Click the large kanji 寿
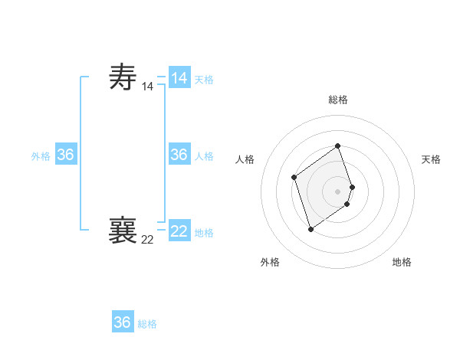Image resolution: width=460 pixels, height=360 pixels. [x=123, y=77]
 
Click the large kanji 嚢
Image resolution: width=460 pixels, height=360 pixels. [x=123, y=230]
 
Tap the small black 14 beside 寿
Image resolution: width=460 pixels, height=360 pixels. [x=147, y=87]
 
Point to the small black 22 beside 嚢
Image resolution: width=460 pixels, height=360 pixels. [x=147, y=240]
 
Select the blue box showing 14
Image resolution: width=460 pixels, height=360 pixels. [x=179, y=78]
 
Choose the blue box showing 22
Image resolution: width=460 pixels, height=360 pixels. [x=179, y=231]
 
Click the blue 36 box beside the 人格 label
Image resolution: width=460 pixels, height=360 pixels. [x=179, y=155]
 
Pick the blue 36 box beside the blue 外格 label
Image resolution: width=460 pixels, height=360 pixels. [x=66, y=155]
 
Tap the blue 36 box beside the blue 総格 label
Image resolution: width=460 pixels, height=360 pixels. [x=123, y=322]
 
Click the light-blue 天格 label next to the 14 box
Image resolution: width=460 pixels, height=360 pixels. [x=204, y=80]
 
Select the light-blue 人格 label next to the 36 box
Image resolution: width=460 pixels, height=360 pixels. [x=204, y=156]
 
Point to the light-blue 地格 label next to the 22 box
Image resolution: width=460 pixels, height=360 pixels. [x=204, y=233]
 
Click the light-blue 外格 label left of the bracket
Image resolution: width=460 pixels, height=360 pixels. [x=41, y=156]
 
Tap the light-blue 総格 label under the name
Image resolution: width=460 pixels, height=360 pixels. [x=147, y=324]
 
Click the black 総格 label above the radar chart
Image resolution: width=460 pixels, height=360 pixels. [x=338, y=100]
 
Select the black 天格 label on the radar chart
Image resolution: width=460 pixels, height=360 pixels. [x=431, y=159]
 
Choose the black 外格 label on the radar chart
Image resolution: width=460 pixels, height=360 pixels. [x=270, y=262]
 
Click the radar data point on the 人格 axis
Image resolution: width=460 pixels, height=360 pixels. [x=294, y=178]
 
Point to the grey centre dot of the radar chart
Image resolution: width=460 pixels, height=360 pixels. [x=338, y=191]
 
